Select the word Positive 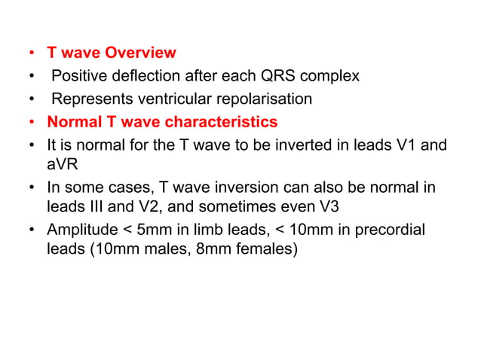click(x=81, y=76)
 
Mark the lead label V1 click(x=404, y=144)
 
